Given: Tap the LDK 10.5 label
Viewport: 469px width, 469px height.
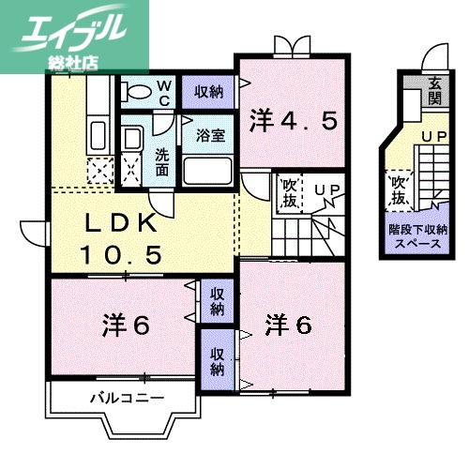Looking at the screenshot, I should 127,238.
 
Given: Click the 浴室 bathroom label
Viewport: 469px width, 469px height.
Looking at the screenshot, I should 209,135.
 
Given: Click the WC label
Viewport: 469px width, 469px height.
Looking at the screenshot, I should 163,92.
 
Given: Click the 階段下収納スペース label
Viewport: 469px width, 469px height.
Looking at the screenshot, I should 417,235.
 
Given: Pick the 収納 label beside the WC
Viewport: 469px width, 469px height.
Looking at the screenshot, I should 208,91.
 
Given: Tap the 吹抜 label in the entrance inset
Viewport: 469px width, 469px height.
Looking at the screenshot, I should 399,190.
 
